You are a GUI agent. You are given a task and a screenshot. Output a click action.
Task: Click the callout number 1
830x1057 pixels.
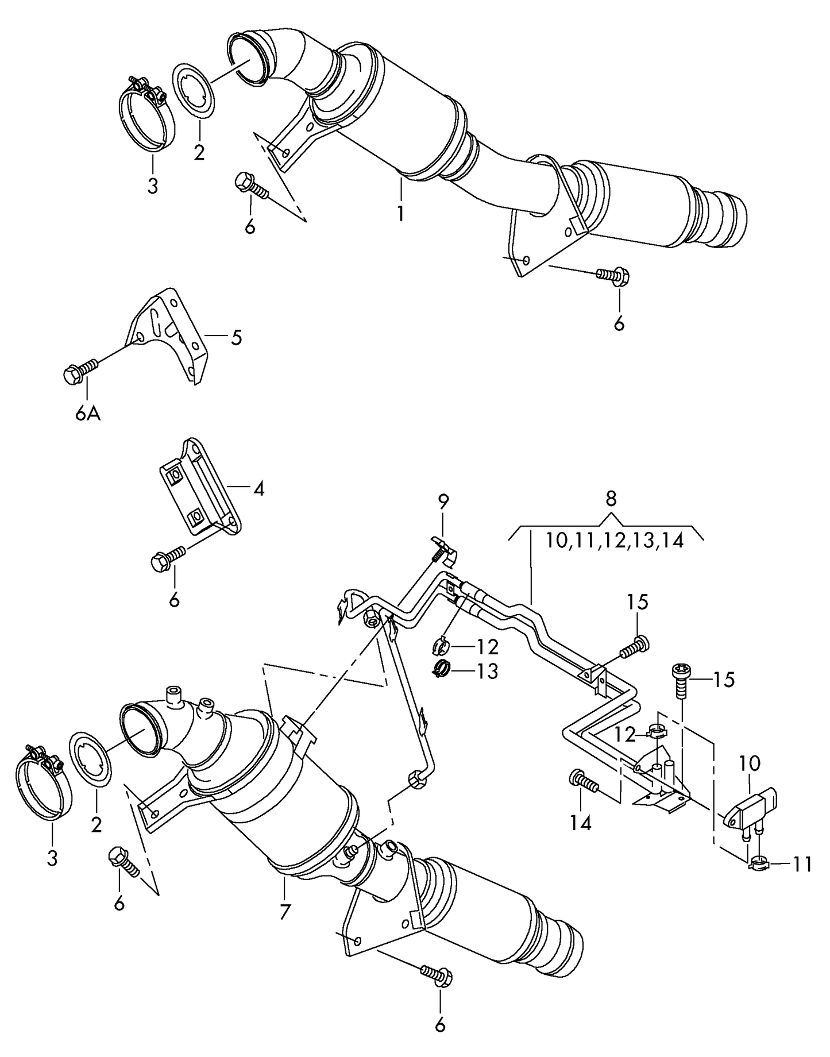pyautogui.click(x=400, y=214)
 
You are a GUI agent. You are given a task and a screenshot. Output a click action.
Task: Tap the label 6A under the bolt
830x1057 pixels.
pyautogui.click(x=88, y=413)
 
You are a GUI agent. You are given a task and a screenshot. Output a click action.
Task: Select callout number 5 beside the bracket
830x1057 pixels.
pyautogui.click(x=237, y=338)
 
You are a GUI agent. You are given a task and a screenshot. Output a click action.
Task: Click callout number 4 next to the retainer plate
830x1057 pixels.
pyautogui.click(x=258, y=489)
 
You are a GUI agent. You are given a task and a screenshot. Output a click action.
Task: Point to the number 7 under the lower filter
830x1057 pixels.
pyautogui.click(x=285, y=911)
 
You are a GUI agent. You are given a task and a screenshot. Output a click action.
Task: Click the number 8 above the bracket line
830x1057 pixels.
pyautogui.click(x=611, y=499)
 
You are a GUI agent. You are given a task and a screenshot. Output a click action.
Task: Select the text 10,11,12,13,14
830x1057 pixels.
pyautogui.click(x=615, y=541)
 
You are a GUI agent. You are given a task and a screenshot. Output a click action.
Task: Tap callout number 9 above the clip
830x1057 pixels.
pyautogui.click(x=443, y=502)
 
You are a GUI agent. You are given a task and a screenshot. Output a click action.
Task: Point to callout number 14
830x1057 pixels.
pyautogui.click(x=581, y=823)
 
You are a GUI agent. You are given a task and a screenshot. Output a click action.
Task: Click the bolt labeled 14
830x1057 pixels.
pyautogui.click(x=582, y=782)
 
